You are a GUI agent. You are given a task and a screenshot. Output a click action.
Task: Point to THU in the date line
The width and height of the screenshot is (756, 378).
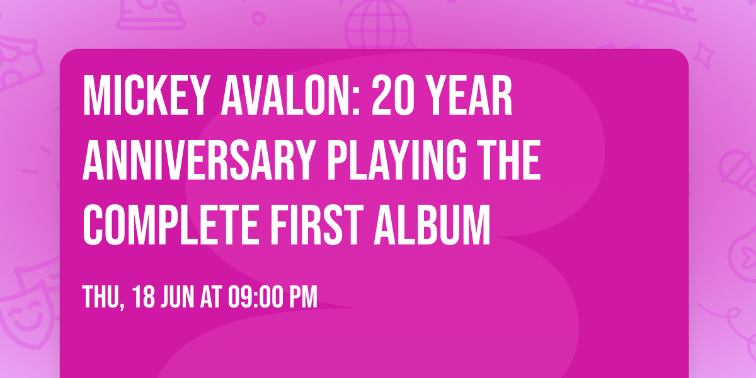(101, 297)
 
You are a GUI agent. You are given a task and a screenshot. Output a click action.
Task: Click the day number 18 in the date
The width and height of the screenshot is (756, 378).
(144, 297)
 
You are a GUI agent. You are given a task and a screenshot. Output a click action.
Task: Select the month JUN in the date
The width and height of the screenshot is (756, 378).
(178, 297)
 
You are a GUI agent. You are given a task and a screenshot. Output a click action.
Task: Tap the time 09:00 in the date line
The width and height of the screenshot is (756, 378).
(253, 297)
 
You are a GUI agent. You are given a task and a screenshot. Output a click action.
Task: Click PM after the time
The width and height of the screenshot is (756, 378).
(303, 297)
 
